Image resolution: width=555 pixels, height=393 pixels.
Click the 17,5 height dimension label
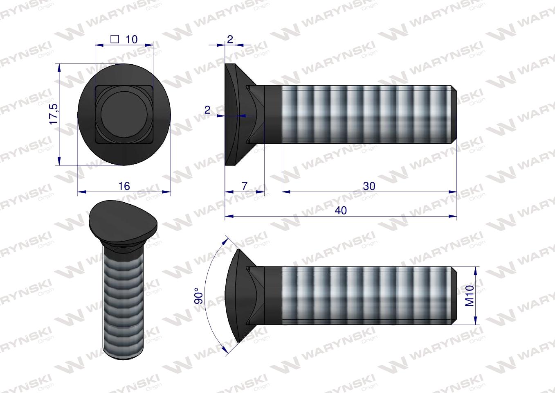(x=54, y=114)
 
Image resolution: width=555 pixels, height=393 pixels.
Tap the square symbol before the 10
(x=115, y=39)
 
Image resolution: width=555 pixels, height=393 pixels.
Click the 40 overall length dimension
(x=341, y=210)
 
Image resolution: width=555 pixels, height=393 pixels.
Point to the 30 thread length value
(x=369, y=186)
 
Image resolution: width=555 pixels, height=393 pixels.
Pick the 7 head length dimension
(x=244, y=186)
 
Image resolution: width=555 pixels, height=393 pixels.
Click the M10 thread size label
(x=469, y=296)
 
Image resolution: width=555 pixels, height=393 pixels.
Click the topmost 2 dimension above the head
(x=230, y=39)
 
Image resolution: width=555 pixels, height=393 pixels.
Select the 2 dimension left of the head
(x=207, y=110)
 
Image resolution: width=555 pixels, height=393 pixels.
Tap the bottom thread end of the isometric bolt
(x=123, y=353)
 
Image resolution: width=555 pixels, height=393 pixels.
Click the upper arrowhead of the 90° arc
(x=228, y=239)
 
